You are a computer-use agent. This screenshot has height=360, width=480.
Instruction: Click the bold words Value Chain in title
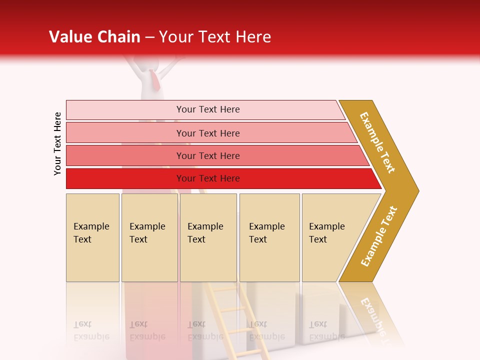coord(94,36)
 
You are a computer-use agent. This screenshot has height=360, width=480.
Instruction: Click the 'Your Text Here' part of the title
coord(214,36)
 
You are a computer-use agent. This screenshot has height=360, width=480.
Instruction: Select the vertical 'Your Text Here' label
coord(57,143)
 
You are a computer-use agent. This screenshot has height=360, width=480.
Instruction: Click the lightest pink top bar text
coord(208,109)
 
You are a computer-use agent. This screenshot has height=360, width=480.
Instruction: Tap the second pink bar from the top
coord(208,133)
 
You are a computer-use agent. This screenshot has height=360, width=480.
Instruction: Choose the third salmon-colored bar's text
coord(208,156)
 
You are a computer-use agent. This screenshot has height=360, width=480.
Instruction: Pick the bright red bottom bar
coord(208,178)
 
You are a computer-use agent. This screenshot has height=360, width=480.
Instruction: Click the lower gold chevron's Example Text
coord(379,236)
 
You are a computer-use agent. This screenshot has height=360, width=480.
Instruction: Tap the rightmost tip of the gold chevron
coord(417,190)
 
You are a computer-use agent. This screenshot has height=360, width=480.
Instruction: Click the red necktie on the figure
coord(155,80)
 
